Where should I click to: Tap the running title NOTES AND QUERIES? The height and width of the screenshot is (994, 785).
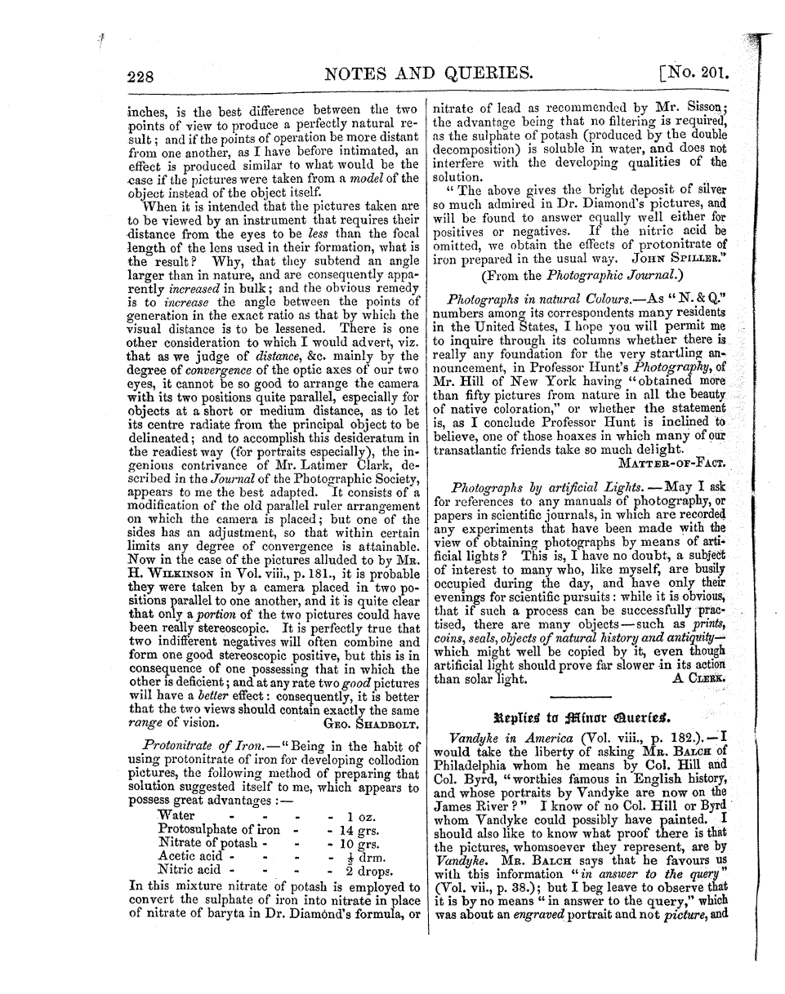pyautogui.click(x=429, y=76)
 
